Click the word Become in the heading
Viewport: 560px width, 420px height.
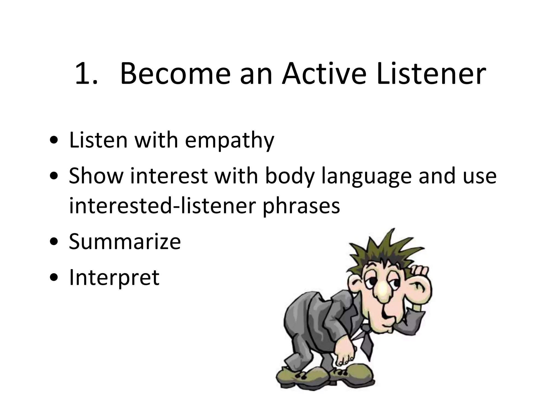point(175,74)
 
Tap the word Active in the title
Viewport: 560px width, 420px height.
point(324,74)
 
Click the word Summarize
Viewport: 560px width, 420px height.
point(125,241)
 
